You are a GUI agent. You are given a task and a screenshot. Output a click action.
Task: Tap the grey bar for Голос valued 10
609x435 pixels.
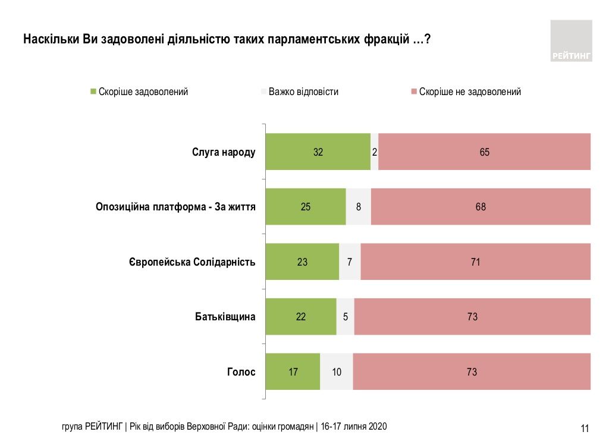click(337, 372)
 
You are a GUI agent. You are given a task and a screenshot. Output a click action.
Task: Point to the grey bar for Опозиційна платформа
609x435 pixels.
click(358, 207)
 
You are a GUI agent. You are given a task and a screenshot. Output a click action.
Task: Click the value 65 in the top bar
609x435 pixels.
click(484, 152)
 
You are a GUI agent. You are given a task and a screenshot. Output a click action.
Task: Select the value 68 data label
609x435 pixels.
click(481, 207)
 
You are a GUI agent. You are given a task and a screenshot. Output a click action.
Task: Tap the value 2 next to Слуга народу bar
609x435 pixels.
click(374, 152)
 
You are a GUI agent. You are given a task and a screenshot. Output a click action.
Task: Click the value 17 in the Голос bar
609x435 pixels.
click(293, 372)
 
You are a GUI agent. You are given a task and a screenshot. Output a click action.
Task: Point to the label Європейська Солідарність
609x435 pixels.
click(192, 262)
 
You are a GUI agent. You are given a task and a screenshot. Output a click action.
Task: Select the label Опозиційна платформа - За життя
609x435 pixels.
click(175, 207)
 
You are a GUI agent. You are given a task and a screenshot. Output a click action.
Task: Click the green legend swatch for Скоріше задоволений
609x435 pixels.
click(93, 92)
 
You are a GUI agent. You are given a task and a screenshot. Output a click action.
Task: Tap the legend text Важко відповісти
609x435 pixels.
click(303, 92)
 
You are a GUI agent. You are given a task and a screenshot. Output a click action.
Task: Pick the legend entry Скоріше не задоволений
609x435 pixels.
click(470, 92)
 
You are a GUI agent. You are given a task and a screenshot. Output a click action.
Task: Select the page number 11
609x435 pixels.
click(585, 428)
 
